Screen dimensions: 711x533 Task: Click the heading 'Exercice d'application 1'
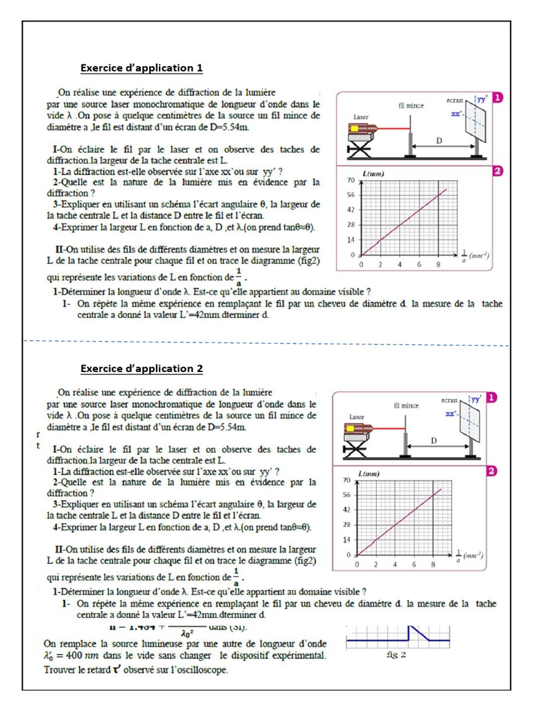[142, 68]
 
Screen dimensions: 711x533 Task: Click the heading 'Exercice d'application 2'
[142, 369]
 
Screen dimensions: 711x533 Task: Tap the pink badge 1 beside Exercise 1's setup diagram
[498, 98]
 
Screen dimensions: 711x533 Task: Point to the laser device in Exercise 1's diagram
[367, 130]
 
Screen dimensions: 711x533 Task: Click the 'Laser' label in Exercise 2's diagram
[357, 417]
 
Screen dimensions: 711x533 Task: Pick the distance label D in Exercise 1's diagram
[439, 140]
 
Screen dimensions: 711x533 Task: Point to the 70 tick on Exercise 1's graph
[351, 180]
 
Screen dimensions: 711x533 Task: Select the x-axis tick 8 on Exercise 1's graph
[438, 265]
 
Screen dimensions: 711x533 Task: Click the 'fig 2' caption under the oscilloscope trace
[394, 654]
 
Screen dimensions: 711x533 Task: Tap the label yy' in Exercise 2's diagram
[476, 399]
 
